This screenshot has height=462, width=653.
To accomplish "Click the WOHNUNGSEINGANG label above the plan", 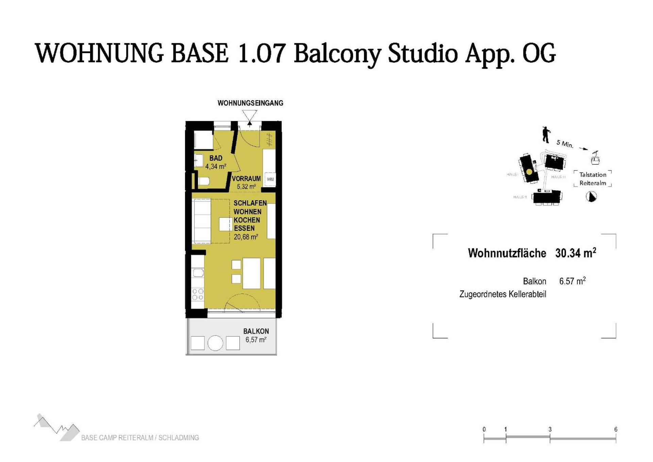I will [250, 103].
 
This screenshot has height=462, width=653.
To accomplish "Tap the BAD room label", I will [216, 158].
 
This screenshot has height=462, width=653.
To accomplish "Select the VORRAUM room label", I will [246, 179].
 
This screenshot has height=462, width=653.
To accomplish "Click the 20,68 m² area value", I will [246, 237].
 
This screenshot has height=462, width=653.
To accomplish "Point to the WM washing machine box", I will [270, 179].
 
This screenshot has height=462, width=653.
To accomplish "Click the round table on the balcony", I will [215, 343].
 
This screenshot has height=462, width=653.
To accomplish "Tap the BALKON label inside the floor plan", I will [256, 331].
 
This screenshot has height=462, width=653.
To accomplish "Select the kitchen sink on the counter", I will [198, 273].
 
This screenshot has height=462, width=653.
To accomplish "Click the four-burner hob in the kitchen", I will [198, 294].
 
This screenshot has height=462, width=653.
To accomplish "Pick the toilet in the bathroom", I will [203, 181].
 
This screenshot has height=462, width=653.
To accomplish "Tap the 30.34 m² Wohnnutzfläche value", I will [575, 253].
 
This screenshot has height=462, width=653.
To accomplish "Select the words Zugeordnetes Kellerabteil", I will [502, 294].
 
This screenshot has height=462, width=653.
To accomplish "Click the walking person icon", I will [546, 135].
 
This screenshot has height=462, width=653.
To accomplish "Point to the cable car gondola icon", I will [595, 158].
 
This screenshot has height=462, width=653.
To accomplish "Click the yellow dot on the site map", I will [529, 172].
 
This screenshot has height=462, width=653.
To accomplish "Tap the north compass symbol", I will [591, 197].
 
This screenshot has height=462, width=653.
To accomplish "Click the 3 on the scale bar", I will [550, 429].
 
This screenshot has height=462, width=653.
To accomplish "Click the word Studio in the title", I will [423, 53].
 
